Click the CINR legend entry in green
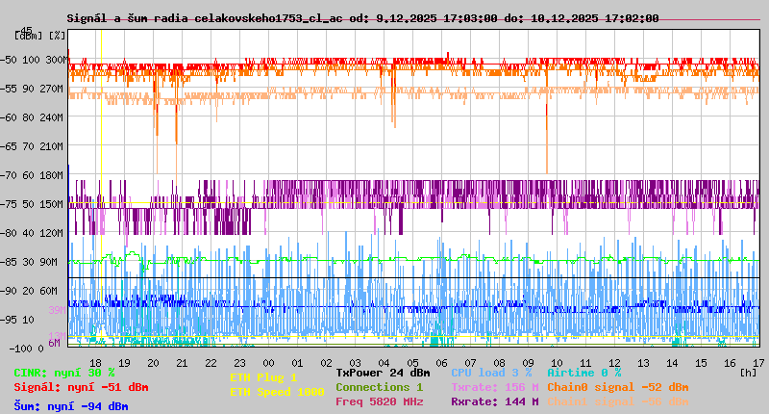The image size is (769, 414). click(64, 373)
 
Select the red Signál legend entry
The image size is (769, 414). click(81, 387)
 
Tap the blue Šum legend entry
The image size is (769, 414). click(70, 406)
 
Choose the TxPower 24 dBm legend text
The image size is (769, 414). click(383, 373)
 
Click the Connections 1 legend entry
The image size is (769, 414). click(379, 387)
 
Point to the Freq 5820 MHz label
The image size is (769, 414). click(379, 401)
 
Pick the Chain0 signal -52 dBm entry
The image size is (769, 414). click(618, 387)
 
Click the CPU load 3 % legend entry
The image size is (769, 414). click(491, 373)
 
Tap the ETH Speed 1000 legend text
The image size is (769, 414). click(277, 392)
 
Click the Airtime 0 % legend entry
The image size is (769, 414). click(583, 373)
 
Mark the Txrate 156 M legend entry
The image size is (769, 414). click(495, 387)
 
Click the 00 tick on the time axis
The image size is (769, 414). click(269, 362)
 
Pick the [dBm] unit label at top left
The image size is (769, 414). click(30, 36)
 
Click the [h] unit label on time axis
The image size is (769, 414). click(749, 373)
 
